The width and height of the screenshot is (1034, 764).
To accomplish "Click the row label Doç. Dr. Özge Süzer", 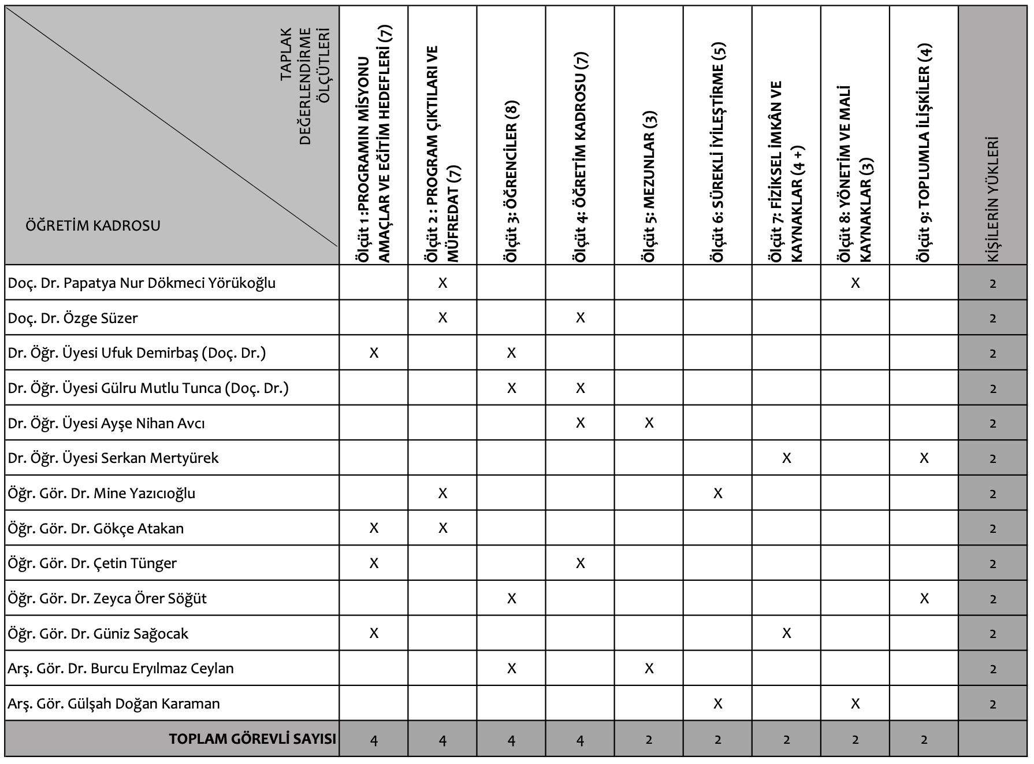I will tap(73, 318).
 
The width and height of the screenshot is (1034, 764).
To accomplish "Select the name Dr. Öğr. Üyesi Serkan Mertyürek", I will tap(113, 458).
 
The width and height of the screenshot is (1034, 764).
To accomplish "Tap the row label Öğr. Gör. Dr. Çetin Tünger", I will tap(92, 563).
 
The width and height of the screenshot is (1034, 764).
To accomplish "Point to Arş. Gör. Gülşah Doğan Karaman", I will tap(114, 704).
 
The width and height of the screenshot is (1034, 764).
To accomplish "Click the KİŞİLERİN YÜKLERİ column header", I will tap(993, 199).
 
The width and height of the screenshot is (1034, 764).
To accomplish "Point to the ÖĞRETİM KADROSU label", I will tap(93, 225).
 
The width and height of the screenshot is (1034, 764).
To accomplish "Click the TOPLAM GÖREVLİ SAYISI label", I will tap(252, 739).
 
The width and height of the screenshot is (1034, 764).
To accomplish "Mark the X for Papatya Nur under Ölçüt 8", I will tap(856, 283).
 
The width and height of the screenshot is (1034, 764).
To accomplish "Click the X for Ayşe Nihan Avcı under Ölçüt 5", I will tap(649, 423).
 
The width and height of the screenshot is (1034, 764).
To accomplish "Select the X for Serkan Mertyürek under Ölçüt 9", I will tap(924, 458).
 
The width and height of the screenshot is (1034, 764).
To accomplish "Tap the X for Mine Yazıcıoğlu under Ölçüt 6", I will tap(718, 494).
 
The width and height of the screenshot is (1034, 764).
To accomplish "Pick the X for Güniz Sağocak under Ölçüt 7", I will tap(787, 633).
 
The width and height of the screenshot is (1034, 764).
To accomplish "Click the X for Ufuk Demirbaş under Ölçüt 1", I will tap(374, 353).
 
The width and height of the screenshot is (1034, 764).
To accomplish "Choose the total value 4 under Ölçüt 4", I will tap(581, 740).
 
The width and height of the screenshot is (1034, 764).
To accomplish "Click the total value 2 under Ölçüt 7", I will tap(787, 740).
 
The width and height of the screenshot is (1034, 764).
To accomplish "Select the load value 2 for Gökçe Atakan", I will tap(993, 529).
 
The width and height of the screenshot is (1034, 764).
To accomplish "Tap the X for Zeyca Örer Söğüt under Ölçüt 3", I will tap(512, 599).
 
